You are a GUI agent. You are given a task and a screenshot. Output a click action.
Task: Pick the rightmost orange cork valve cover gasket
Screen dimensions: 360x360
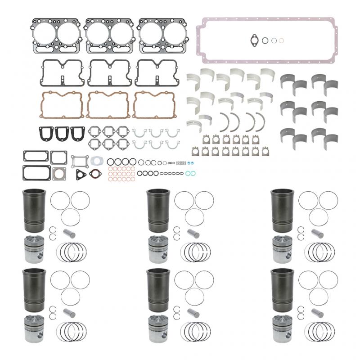click(155, 104)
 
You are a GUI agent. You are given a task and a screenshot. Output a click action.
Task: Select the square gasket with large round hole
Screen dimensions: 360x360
click(59, 173)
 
